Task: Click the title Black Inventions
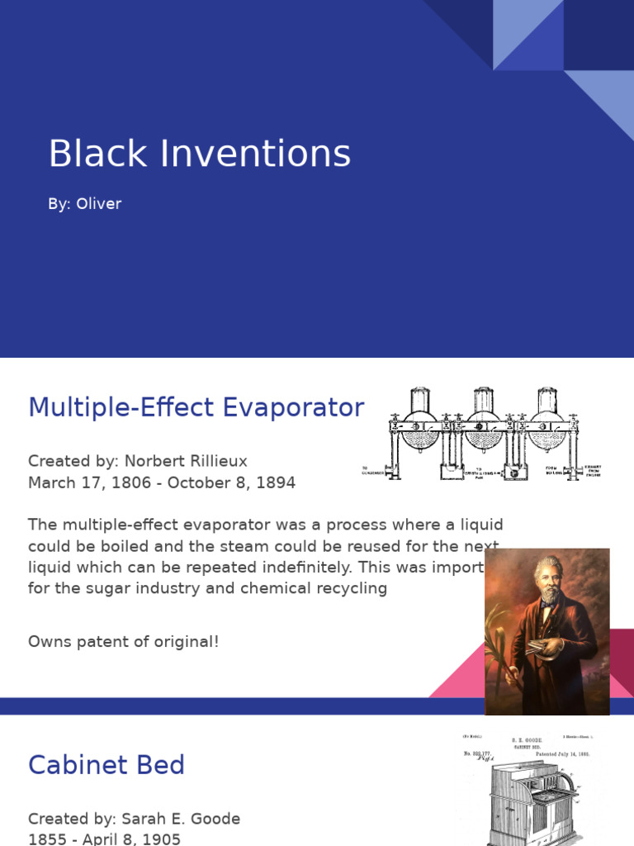[x=199, y=154]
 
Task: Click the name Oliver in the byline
[x=98, y=204]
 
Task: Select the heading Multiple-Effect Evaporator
[x=196, y=407]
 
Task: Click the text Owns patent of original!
[x=124, y=641]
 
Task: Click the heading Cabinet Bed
[x=106, y=765]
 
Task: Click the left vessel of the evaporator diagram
[x=420, y=421]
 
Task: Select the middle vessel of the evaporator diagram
[x=484, y=421]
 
